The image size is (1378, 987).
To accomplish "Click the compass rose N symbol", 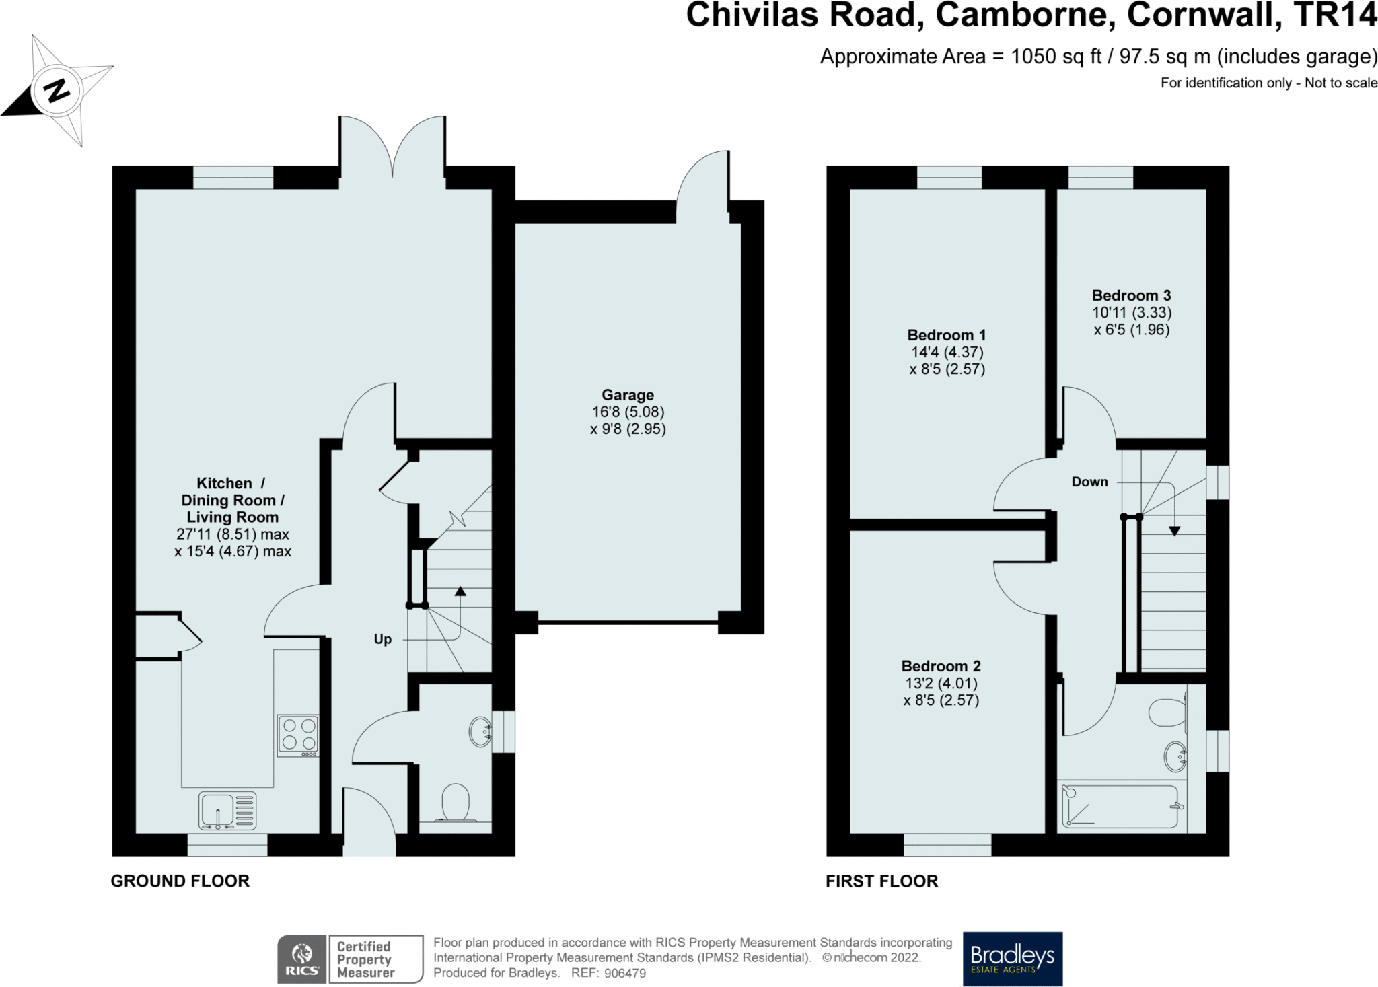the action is point(57,89).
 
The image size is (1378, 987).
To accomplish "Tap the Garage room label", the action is point(628,395).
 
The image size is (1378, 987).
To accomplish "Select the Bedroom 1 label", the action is point(947,335).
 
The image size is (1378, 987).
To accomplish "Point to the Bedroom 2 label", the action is point(941,666).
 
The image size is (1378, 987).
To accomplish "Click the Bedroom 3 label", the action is point(1131,295).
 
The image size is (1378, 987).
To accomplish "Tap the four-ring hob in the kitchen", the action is point(298,735).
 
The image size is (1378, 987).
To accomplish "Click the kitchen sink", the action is point(227,810).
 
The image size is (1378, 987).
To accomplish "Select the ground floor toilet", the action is point(455,803).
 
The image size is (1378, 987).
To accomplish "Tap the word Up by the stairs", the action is point(382,639).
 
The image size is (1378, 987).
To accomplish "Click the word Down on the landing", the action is point(1089,482).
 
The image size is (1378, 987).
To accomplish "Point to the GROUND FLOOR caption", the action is point(180,881).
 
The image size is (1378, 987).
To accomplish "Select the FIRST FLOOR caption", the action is point(881,881).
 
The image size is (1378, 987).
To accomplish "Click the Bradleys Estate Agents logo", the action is point(1013,959).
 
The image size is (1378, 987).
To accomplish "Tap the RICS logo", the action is point(302,959).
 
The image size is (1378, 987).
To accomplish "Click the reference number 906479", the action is point(625,973).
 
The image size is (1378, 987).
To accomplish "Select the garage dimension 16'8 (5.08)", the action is point(628,412).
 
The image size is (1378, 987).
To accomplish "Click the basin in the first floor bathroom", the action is point(1175,756).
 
